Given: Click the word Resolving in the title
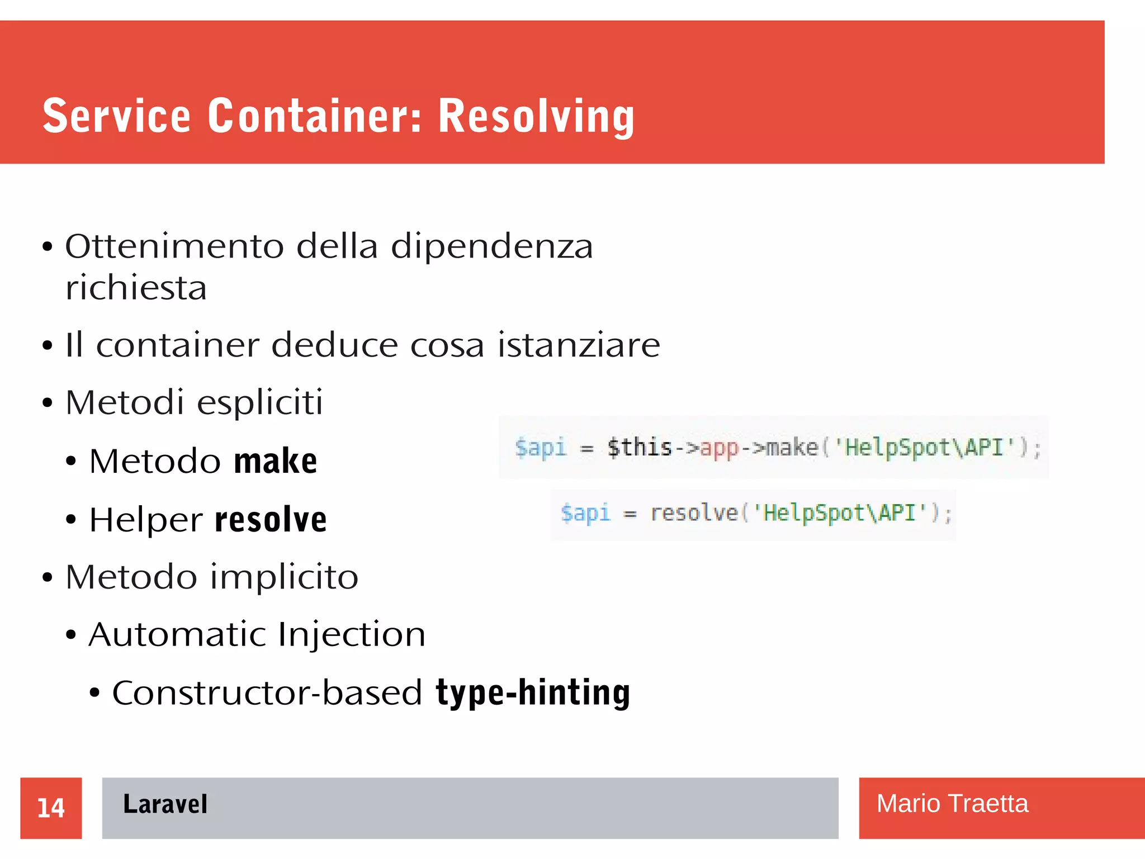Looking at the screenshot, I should tap(536, 116).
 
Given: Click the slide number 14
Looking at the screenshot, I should tap(51, 808).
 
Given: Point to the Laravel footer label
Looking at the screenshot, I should tap(165, 804).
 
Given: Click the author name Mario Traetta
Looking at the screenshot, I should tap(952, 804).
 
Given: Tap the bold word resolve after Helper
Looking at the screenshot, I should tap(271, 519).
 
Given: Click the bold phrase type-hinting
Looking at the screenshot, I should tap(533, 693).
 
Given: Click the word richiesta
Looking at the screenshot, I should tap(136, 288).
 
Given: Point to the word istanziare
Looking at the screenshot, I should tap(579, 345).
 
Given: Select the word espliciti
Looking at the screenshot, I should tap(260, 402).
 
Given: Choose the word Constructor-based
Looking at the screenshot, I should tap(267, 693).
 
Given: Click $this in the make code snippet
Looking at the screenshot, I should tap(640, 448).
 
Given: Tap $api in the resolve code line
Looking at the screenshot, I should tap(585, 512).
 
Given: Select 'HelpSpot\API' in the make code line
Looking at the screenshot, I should tap(925, 448).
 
